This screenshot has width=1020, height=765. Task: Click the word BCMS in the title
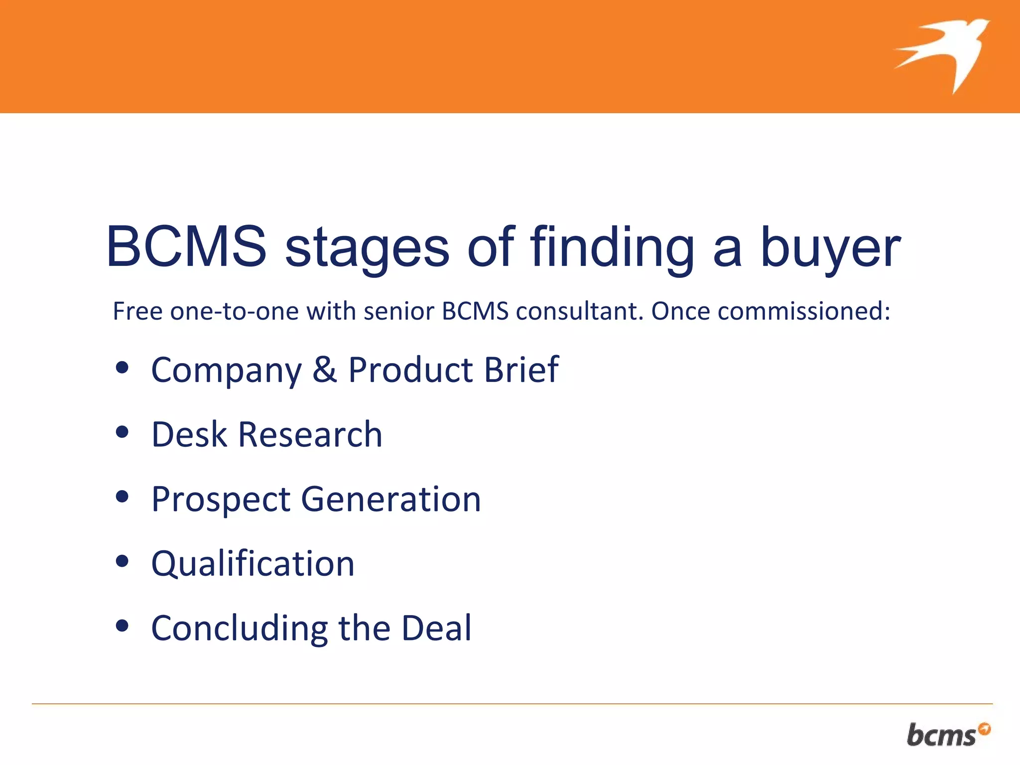tap(186, 247)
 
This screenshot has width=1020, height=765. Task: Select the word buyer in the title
tap(831, 248)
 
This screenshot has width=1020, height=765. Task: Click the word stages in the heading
tap(367, 248)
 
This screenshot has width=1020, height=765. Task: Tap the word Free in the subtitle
tap(137, 311)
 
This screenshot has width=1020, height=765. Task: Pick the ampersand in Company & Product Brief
tap(325, 370)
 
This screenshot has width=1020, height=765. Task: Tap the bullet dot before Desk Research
tap(122, 432)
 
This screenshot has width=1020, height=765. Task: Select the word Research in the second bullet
tap(310, 434)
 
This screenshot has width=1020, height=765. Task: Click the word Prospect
tap(221, 500)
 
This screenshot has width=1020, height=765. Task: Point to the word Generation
tap(391, 500)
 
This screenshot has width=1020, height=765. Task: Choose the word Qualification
tap(253, 564)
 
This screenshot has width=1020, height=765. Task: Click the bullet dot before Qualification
tap(122, 561)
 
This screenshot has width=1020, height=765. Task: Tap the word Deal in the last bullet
tap(436, 628)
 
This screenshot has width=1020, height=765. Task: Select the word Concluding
tap(240, 628)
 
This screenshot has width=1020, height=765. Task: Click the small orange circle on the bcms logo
tap(984, 729)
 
